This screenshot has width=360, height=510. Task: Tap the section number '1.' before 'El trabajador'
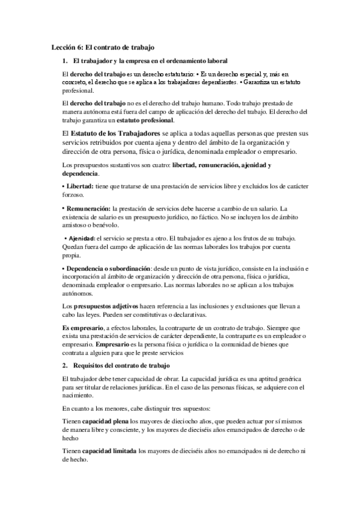click(x=66, y=61)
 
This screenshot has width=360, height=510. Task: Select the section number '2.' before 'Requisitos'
click(x=66, y=365)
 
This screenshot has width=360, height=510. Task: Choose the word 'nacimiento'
click(x=79, y=397)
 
